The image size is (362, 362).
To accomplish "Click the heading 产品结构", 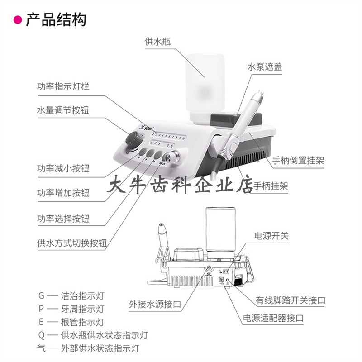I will click(x=56, y=20).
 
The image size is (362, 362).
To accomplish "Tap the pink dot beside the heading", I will click(x=18, y=20).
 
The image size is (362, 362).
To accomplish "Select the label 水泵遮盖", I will click(x=265, y=67).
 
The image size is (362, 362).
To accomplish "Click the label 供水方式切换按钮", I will click(x=72, y=243).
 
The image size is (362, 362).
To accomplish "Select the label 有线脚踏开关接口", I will click(x=291, y=300).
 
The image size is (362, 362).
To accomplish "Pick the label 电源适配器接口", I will click(x=273, y=318).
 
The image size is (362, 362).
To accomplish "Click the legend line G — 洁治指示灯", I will click(x=71, y=296).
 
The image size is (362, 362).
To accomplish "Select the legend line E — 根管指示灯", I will click(x=71, y=322).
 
